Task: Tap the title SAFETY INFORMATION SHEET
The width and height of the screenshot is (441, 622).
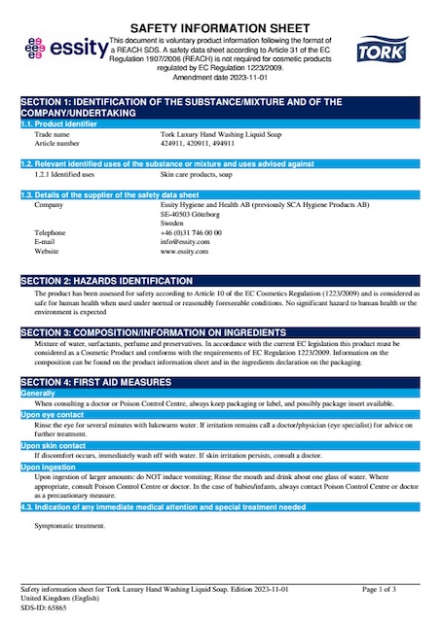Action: (220, 28)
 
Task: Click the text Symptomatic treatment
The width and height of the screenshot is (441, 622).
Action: (69, 526)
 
